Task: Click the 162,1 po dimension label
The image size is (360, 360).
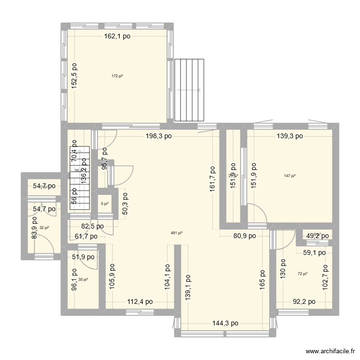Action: coord(118,36)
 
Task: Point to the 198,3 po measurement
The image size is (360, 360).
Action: coord(159,136)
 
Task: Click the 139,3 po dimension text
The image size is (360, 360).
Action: coord(289,136)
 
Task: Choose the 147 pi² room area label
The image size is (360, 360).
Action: coord(289,176)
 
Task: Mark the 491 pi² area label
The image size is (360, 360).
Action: coord(177,233)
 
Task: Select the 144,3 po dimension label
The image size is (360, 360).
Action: coord(225,323)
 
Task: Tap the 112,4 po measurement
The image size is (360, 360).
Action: coord(139,302)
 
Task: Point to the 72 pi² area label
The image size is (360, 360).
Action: coord(302,274)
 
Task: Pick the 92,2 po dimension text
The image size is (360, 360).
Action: coord(304,302)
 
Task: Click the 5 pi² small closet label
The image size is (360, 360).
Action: coord(104,204)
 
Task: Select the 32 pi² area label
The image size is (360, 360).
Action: coord(44,228)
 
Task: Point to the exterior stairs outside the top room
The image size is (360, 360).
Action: coord(190,90)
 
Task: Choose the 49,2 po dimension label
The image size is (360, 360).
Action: coord(317,236)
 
